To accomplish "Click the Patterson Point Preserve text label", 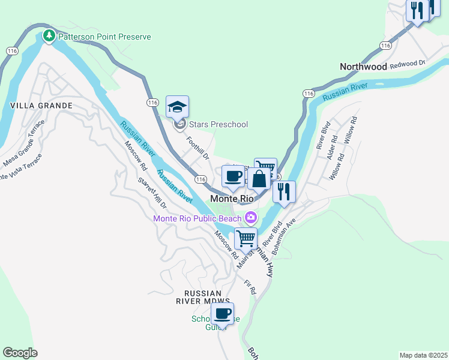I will tap(104, 37).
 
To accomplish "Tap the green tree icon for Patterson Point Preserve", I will tap(49, 37).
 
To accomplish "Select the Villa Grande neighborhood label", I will tap(41, 106).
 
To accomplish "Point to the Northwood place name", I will tap(363, 67).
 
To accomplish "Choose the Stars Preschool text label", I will tap(218, 124).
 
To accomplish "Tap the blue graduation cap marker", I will tap(177, 107).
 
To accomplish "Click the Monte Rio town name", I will tap(231, 198).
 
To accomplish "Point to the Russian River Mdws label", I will tap(203, 296).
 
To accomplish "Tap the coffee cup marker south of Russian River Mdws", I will tap(222, 313).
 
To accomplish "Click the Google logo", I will tap(20, 353).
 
